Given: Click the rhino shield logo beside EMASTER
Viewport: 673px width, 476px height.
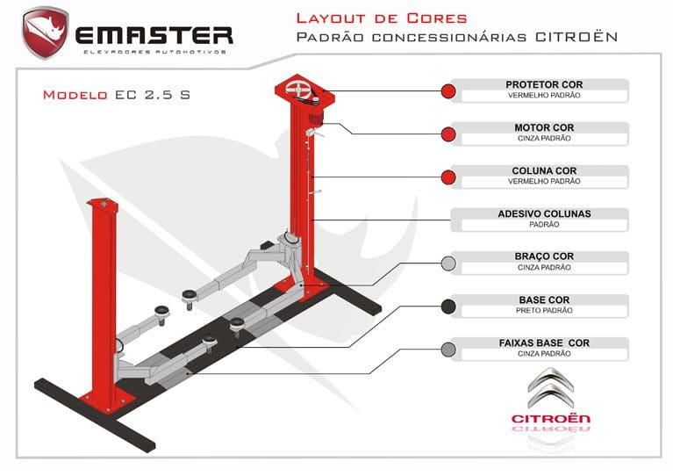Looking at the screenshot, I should coord(46,32).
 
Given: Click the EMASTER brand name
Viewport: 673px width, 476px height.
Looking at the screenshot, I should coord(154,35).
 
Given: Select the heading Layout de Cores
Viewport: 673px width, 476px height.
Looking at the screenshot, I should coord(382,18).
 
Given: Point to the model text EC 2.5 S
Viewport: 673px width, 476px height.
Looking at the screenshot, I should coord(152,95).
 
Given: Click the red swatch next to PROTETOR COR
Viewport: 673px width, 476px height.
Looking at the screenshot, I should coord(448,91).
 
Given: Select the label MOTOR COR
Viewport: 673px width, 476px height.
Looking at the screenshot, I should coord(544,128).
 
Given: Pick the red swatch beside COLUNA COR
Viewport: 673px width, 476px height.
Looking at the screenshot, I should coord(448,177).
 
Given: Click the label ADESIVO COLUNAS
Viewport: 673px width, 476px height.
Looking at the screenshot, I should coord(544,213).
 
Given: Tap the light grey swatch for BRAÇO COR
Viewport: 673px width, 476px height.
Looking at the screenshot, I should coord(448,263).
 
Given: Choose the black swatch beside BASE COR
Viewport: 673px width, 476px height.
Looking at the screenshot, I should coord(448,307).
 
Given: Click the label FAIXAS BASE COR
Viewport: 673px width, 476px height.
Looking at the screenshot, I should coord(544,343).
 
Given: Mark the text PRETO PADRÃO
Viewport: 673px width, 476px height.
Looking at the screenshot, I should coord(544,310).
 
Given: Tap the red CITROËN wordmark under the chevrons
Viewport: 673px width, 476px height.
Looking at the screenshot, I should coord(551,419).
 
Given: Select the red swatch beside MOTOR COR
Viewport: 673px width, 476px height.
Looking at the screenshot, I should coord(448,134).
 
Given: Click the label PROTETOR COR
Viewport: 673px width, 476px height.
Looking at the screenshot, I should coord(544,85).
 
